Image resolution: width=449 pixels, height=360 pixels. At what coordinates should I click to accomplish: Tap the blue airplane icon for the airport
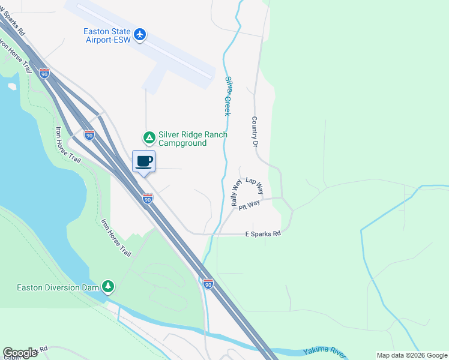140,34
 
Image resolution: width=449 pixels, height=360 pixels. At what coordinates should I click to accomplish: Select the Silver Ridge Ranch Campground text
192,139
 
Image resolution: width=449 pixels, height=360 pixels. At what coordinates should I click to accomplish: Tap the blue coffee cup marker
144,161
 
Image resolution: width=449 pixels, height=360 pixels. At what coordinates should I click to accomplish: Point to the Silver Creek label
229,95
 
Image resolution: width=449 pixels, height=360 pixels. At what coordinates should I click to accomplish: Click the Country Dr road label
255,132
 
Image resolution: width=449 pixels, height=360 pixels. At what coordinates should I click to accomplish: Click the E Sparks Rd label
263,234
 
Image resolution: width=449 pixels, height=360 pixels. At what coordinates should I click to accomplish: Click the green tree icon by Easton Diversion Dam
108,287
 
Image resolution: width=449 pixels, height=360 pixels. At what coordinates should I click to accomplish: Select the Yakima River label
325,350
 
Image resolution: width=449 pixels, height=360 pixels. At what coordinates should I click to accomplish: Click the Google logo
20,353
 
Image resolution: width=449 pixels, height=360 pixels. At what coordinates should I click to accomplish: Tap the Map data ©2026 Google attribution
412,355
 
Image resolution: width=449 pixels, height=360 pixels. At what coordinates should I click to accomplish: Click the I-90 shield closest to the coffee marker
148,199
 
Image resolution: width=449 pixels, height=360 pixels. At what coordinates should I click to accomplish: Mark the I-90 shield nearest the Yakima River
208,283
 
